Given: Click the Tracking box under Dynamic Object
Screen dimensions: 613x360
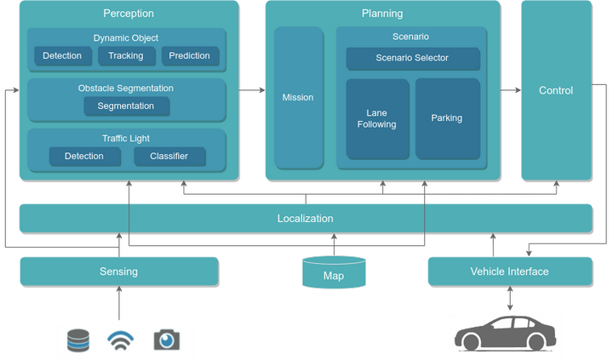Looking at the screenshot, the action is [126, 56].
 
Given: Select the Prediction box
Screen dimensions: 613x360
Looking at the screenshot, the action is [190, 56].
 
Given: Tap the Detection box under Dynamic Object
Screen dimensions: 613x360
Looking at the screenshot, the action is [62, 56].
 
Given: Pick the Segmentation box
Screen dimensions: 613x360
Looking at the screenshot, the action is [126, 106].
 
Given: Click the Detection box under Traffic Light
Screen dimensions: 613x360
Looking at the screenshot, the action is [84, 157].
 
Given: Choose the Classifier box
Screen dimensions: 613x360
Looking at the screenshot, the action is [169, 157].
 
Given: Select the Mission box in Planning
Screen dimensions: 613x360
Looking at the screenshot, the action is [298, 98].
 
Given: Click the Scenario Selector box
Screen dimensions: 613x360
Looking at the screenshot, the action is [412, 58].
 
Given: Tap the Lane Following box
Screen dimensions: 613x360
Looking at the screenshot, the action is [377, 119].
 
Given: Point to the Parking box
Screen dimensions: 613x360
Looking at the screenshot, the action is [447, 118].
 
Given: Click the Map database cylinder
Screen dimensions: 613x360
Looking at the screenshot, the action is [334, 272].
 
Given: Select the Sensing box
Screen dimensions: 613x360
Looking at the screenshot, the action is [119, 271].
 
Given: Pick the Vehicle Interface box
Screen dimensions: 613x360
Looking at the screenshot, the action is [510, 271].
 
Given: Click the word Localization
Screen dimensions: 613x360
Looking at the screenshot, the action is [306, 219].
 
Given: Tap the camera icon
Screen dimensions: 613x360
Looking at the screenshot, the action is [167, 340].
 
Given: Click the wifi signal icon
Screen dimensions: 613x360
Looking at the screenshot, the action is [121, 340].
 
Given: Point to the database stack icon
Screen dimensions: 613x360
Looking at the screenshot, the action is [78, 340].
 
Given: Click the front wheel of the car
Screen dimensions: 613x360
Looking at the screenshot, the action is [470, 341].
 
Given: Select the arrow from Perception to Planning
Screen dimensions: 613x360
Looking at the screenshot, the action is [252, 90].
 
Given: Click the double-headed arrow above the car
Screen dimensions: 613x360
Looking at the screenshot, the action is [510, 298].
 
